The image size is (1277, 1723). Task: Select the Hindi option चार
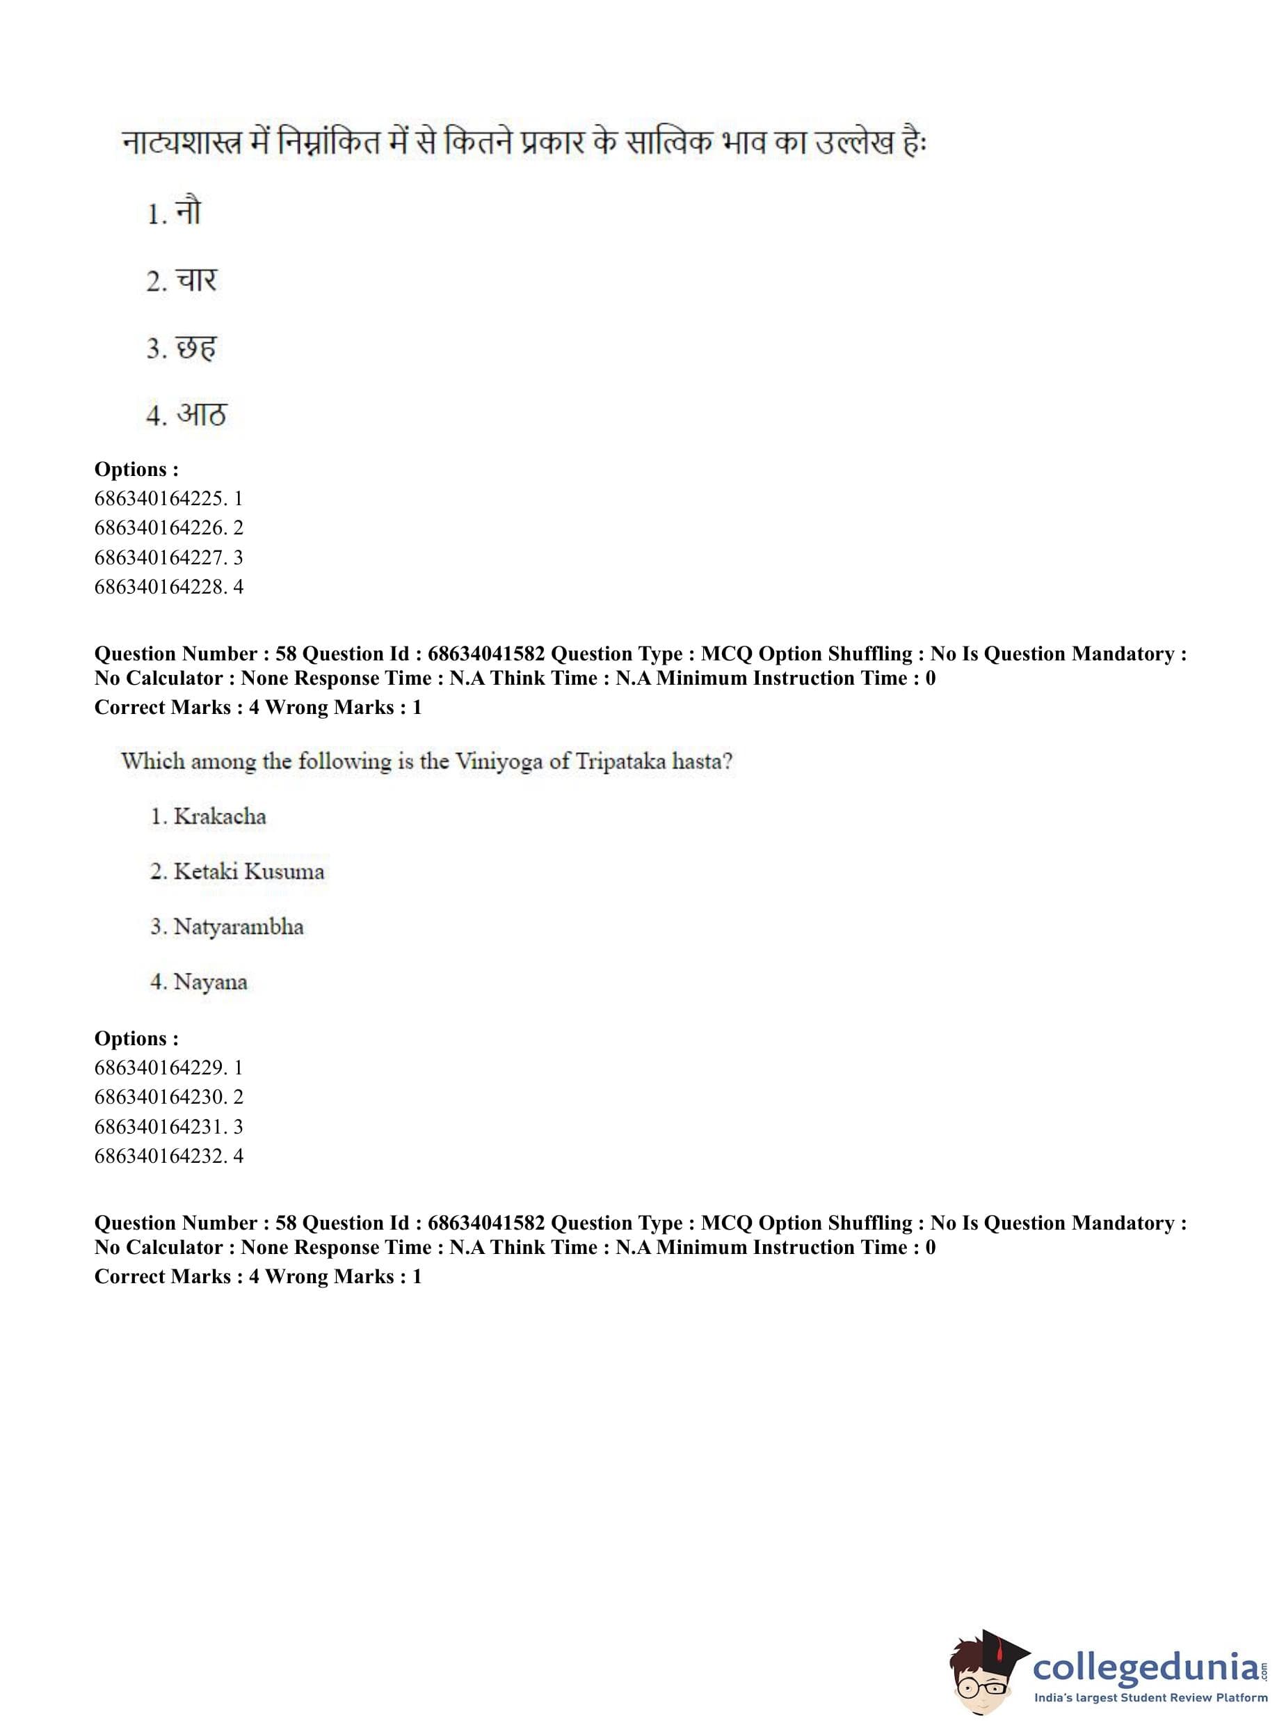196,280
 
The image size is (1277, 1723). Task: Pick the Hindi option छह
195,347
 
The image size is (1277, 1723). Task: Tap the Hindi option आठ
201,415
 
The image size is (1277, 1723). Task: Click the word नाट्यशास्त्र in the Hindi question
182,144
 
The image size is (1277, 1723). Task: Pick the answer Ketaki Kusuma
248,871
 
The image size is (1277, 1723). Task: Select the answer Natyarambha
238,926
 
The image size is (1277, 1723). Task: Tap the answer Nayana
210,981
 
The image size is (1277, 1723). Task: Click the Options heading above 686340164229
136,1038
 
